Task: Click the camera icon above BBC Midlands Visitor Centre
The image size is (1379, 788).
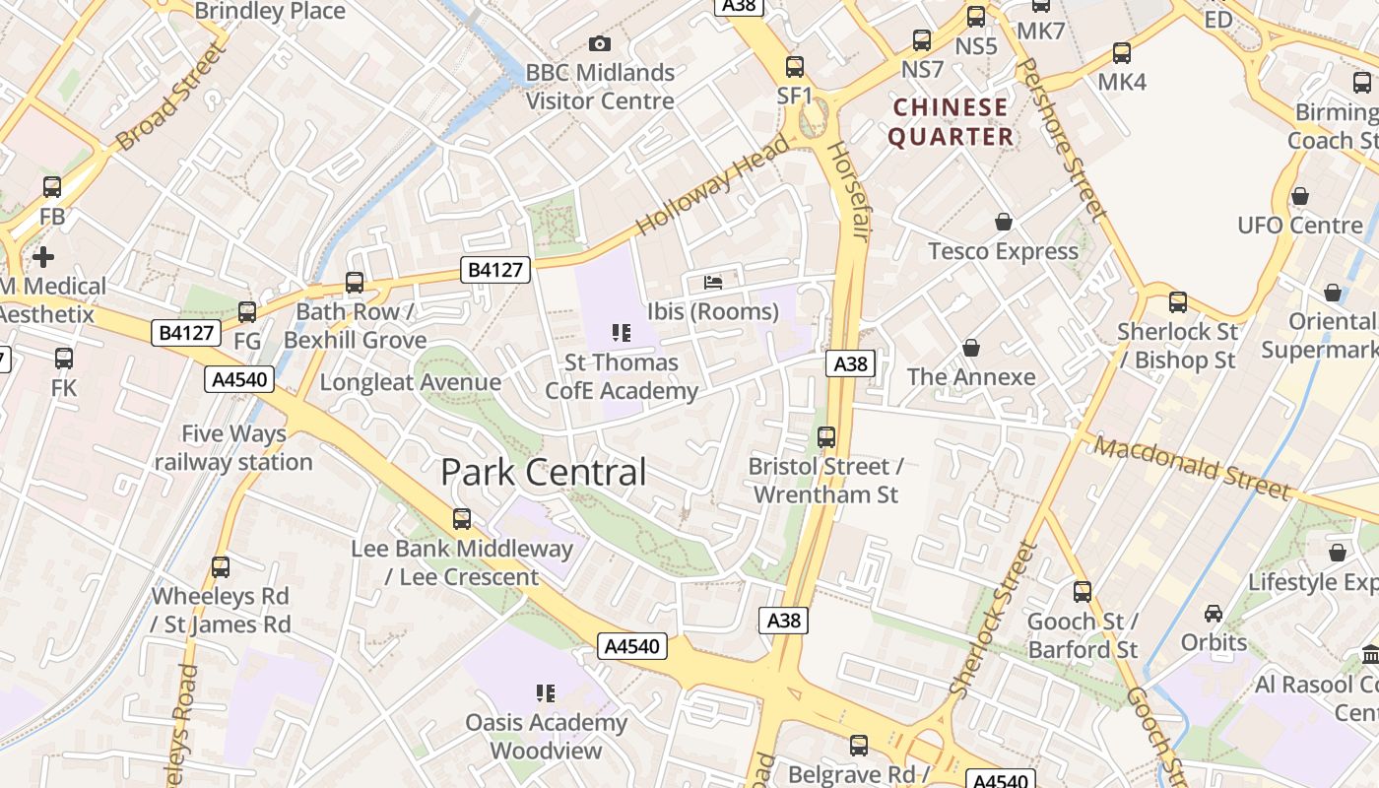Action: (x=599, y=43)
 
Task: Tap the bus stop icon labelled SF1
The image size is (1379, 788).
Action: (x=795, y=67)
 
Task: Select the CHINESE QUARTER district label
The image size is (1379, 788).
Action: (x=951, y=121)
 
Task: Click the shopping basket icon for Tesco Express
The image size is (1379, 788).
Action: (x=1004, y=222)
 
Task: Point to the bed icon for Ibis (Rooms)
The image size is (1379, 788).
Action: (x=713, y=283)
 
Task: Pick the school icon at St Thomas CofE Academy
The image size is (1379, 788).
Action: (x=621, y=333)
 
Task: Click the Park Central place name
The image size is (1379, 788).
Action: (x=543, y=472)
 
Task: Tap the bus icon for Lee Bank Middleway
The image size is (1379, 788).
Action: (x=461, y=518)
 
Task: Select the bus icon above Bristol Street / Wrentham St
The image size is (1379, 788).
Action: (x=826, y=436)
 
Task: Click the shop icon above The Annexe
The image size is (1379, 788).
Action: (x=971, y=348)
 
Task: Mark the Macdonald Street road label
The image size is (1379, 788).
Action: (x=1192, y=468)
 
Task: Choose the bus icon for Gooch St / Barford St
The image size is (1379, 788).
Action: (x=1083, y=592)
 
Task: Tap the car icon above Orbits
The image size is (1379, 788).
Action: (x=1214, y=614)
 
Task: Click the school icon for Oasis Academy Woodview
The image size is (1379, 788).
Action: (x=546, y=693)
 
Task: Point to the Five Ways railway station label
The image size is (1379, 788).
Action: (x=233, y=447)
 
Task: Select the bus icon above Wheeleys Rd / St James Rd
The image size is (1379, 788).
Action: (x=221, y=567)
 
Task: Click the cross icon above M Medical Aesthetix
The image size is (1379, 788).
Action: (x=43, y=257)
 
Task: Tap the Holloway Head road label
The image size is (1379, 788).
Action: (x=712, y=184)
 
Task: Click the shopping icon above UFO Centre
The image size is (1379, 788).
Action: (x=1300, y=196)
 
